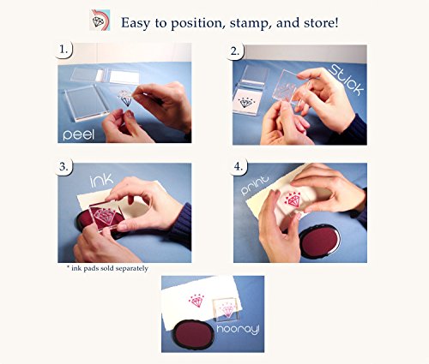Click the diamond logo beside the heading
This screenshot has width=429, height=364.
point(100,20)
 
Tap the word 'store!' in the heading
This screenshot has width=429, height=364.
point(321,22)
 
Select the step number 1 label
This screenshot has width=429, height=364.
point(63,50)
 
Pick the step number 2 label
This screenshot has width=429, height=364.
point(235,51)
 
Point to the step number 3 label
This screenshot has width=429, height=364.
point(63,166)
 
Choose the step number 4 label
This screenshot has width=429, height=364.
point(239,166)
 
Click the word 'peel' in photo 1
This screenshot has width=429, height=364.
point(78,134)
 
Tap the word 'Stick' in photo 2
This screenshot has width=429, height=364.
point(347,80)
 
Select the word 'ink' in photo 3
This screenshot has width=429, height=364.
point(101,181)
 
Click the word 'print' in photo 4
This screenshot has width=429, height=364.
point(255,185)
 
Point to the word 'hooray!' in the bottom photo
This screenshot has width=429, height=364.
point(238,330)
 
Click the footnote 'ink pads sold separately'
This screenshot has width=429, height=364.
point(107,268)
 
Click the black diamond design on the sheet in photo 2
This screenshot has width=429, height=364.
point(245,103)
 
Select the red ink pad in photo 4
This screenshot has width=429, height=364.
point(320,242)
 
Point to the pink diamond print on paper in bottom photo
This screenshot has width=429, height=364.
point(196,301)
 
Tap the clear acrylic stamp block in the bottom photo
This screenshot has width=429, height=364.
point(225,309)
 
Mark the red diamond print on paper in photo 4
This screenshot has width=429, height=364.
point(292,200)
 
